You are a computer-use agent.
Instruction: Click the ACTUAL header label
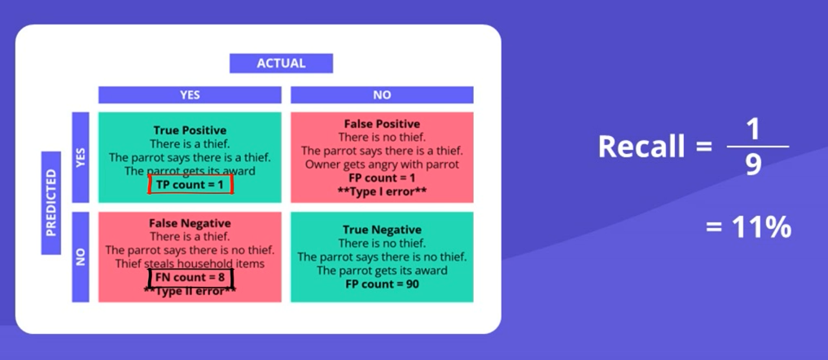point(281,64)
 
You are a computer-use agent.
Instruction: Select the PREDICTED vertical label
point(51,203)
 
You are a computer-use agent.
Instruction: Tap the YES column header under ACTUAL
point(190,95)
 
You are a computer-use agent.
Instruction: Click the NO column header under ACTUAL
point(382,95)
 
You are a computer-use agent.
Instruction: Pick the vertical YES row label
point(81,157)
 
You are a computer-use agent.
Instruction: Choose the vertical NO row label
point(81,257)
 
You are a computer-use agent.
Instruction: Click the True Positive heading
point(190,130)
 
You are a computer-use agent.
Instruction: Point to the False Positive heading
point(382,124)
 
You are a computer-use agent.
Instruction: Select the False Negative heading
point(190,223)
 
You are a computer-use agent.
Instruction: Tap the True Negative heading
point(382,230)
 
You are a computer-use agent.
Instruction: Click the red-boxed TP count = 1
point(191,184)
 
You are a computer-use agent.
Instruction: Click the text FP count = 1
point(382,178)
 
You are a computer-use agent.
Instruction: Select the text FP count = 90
point(382,284)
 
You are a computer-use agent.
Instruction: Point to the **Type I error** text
point(382,191)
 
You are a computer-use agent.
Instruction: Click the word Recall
point(642,147)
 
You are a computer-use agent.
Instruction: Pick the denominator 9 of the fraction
point(753,165)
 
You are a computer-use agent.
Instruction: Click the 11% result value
point(761,228)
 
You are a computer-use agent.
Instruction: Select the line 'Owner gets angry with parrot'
point(382,165)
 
